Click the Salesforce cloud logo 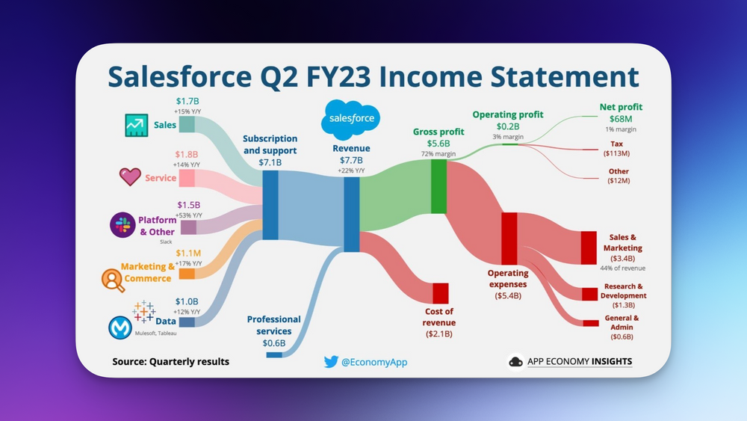350,119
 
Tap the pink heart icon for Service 130,177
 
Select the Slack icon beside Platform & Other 123,225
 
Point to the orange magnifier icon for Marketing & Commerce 113,279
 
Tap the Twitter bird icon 331,362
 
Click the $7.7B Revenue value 351,160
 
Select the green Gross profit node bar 438,186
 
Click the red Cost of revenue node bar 440,293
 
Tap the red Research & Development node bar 590,293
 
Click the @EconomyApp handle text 374,362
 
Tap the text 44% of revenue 623,268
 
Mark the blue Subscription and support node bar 270,205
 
